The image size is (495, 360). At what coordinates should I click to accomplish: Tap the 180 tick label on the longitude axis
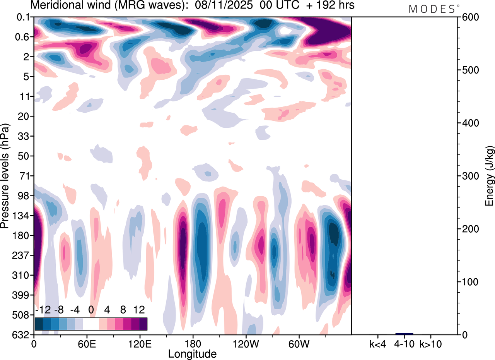192,343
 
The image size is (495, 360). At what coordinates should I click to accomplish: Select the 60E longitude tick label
87,343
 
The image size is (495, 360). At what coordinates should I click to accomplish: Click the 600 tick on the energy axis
468,17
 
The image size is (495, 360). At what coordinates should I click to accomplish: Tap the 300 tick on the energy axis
468,176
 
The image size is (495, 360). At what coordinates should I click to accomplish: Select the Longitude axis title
192,353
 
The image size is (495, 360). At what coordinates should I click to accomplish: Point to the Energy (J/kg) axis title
489,176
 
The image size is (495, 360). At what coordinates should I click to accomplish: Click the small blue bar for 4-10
404,334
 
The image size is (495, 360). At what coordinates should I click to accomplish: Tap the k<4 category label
377,343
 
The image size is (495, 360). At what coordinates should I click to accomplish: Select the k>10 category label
431,343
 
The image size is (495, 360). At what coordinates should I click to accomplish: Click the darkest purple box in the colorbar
143,324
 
